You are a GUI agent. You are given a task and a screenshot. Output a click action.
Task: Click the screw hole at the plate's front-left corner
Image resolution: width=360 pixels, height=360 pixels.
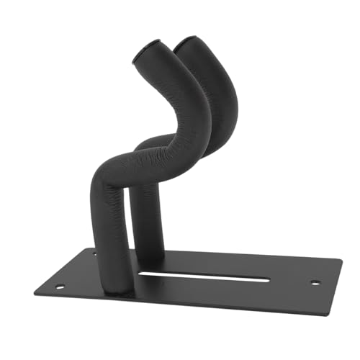(60, 286)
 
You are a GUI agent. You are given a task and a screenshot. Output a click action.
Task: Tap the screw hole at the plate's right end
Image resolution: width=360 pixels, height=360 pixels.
(315, 282)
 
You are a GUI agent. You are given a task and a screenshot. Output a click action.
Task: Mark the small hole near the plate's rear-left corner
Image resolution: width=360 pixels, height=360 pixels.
(94, 253)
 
